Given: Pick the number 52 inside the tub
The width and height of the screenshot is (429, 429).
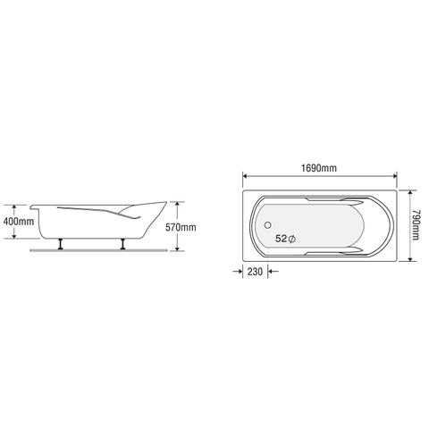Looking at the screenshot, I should point(282,239).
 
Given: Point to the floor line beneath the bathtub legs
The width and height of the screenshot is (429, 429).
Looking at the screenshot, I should point(98,249).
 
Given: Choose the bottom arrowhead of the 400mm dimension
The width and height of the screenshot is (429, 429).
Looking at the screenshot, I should point(15,239).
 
